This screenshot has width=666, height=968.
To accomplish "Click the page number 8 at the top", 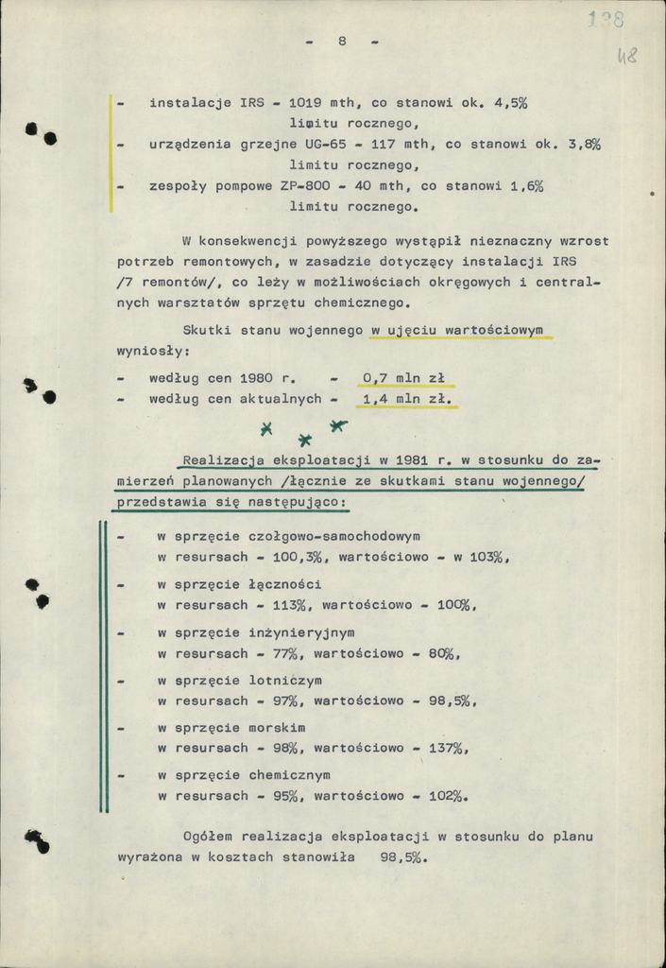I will click(x=342, y=41).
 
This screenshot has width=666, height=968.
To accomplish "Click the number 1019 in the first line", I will click(x=303, y=103).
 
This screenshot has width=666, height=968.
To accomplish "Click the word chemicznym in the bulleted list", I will click(x=290, y=775).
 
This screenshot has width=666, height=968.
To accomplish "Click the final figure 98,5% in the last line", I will click(x=403, y=857).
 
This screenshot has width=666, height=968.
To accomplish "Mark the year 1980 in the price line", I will click(x=256, y=378).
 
